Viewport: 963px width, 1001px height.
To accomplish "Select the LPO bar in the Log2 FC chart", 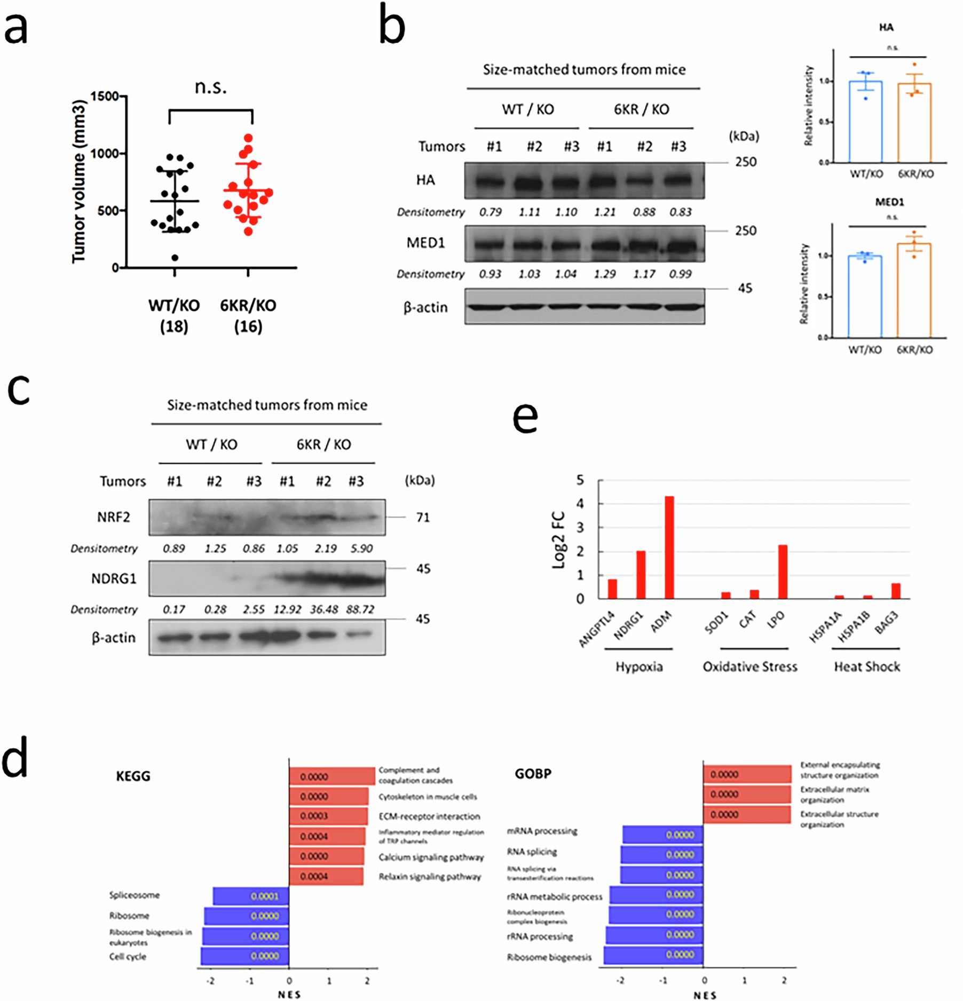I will pyautogui.click(x=783, y=572).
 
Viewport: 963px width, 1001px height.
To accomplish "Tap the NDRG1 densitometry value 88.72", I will pyautogui.click(x=360, y=609).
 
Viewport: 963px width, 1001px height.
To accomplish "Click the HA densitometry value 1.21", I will pyautogui.click(x=604, y=212).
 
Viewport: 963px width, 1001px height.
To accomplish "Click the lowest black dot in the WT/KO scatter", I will pyautogui.click(x=175, y=258).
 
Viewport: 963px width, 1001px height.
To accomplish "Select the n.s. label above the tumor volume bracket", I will pyautogui.click(x=210, y=86).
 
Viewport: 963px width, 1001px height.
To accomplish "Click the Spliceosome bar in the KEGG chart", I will pyautogui.click(x=250, y=896).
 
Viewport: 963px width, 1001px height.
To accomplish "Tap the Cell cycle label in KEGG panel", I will pyautogui.click(x=128, y=957).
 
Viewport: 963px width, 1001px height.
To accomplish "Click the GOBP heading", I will pyautogui.click(x=533, y=774).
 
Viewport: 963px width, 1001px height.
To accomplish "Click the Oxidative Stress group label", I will pyautogui.click(x=749, y=666).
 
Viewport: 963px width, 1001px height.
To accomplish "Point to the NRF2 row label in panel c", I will pyautogui.click(x=113, y=517).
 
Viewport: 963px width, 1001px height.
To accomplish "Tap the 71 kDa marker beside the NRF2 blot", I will pyautogui.click(x=423, y=517).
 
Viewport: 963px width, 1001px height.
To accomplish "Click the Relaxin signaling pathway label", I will pyautogui.click(x=430, y=877).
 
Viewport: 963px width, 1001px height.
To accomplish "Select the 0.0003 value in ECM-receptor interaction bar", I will pyautogui.click(x=314, y=816).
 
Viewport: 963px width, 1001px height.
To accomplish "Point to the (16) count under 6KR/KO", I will pyautogui.click(x=248, y=326).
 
